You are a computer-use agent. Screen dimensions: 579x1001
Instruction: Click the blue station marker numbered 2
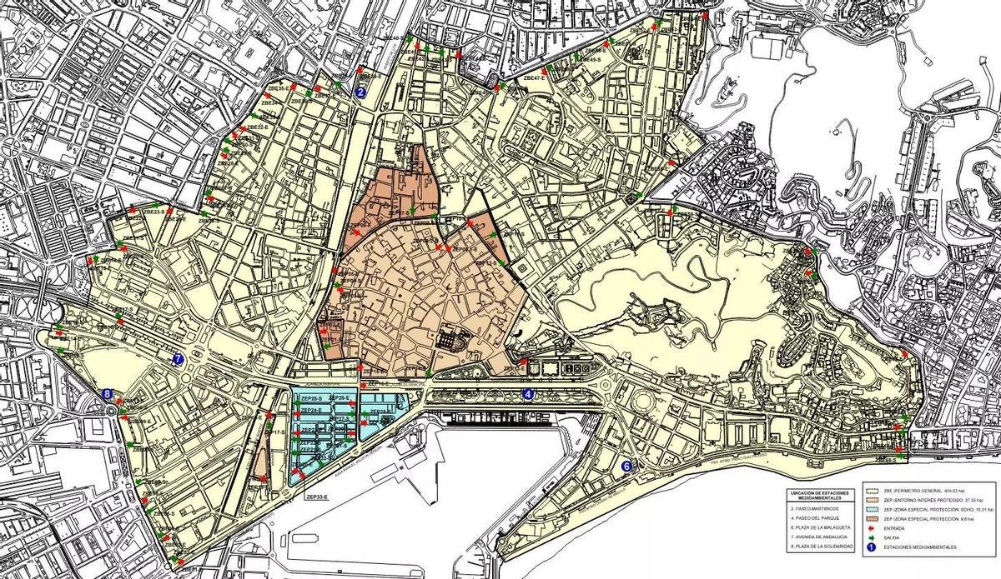tap(360, 92)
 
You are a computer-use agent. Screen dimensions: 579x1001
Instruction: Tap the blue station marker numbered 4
tap(529, 394)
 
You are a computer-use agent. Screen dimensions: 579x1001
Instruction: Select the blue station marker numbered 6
tap(626, 467)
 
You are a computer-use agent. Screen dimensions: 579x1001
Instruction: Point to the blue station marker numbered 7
tap(177, 359)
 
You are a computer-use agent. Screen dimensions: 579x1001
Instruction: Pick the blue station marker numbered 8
tap(107, 394)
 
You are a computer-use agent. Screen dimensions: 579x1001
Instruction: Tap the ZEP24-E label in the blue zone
tap(310, 411)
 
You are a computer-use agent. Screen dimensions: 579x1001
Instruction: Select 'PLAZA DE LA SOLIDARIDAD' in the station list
tap(821, 546)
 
